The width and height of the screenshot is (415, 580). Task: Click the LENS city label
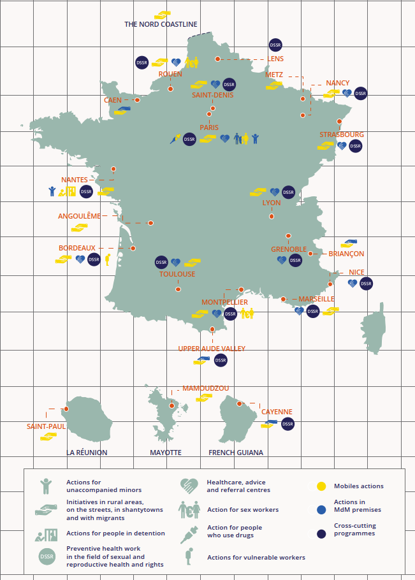click(275, 59)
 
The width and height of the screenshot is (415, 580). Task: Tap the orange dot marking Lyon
click(272, 217)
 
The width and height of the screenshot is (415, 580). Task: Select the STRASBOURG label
click(342, 134)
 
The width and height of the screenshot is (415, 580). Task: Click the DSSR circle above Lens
click(275, 45)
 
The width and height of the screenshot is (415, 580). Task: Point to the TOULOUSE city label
click(177, 274)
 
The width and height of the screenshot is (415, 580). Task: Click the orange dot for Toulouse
click(178, 289)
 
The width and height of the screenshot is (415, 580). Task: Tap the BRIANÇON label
click(346, 254)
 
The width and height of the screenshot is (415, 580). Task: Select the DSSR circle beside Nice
click(366, 284)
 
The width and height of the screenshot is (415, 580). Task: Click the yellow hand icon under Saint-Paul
click(48, 437)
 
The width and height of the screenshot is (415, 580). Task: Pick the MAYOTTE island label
click(166, 453)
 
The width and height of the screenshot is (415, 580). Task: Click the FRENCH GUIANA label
click(236, 453)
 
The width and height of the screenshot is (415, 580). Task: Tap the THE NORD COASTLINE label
click(161, 25)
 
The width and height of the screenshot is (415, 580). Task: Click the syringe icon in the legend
click(189, 533)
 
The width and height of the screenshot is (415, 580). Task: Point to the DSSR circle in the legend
click(46, 556)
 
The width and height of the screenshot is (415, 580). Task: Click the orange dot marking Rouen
click(171, 89)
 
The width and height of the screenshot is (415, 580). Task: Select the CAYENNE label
click(277, 412)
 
